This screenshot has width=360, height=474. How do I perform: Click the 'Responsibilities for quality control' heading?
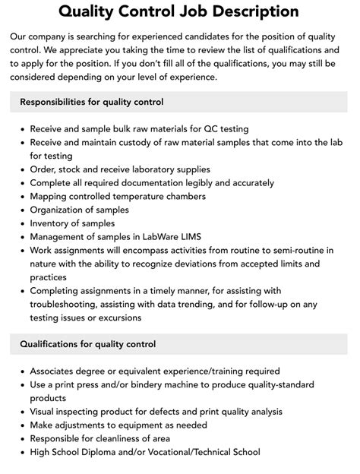[x=92, y=102]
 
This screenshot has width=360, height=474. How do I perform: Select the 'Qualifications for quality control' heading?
[x=88, y=344]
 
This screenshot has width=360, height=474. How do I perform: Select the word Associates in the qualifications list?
[x=55, y=371]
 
